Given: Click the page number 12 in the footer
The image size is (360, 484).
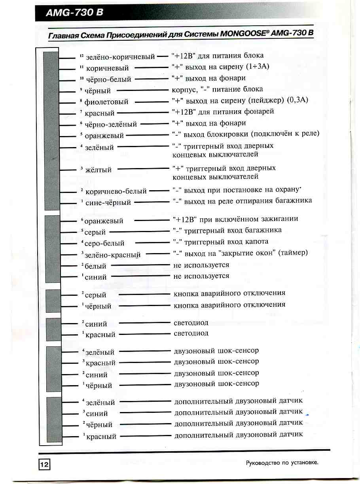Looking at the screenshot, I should point(44,465).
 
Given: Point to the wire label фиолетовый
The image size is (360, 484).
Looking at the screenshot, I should point(106,102).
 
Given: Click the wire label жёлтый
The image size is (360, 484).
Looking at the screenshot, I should point(99,170).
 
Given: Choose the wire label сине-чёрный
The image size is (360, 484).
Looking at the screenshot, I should point(108,202).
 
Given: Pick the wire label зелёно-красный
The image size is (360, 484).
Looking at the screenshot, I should point(113,255).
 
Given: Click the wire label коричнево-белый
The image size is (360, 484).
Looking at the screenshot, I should point(116,191).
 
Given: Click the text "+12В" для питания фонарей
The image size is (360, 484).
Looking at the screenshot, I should point(223,112).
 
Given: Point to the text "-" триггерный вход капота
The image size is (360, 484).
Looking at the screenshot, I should point(221,241).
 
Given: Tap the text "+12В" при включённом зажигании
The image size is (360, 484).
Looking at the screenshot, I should point(235,219).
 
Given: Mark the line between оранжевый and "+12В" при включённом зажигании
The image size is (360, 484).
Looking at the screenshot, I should point(152,220).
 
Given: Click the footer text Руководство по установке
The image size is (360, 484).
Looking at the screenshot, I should point(282,462).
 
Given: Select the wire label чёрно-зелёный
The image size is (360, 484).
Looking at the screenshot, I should point(111,124).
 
